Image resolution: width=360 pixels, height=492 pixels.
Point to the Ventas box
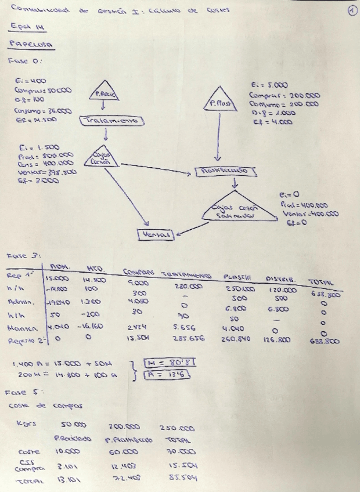tap(156, 234)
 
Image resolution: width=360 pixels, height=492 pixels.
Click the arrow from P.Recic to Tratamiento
tap(103, 108)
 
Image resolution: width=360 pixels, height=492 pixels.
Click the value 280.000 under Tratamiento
tap(188, 286)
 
